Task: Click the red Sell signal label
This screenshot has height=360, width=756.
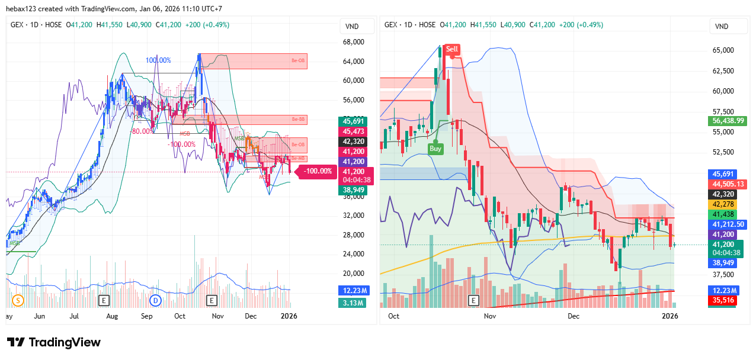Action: point(452,49)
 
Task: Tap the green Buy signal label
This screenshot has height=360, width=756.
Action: point(435,149)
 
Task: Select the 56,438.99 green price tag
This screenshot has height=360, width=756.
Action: point(729,121)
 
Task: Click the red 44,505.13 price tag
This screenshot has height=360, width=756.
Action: point(729,184)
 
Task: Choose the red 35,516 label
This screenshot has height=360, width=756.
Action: point(722,300)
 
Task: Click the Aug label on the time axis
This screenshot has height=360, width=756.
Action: point(112,316)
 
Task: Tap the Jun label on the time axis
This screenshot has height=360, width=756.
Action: point(40,316)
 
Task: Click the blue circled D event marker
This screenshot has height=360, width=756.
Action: point(156,300)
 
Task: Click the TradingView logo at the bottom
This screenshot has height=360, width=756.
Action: point(54,342)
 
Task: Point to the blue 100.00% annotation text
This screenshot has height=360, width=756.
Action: point(158,60)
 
